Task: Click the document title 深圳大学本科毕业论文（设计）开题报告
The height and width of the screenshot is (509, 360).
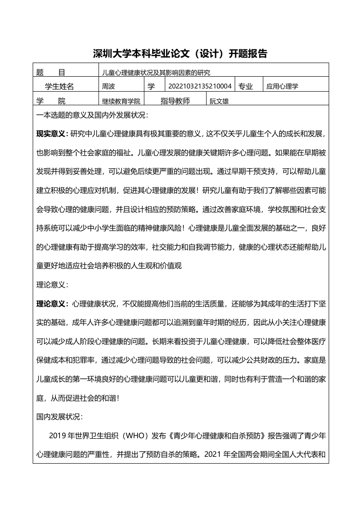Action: pyautogui.click(x=180, y=54)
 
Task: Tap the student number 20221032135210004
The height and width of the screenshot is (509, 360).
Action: pyautogui.click(x=200, y=86)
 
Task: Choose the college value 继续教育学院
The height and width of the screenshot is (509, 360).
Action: pyautogui.click(x=121, y=101)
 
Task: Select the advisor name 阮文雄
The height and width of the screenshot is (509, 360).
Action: pyautogui.click(x=219, y=102)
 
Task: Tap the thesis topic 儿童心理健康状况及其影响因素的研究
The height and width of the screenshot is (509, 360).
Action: pyautogui.click(x=156, y=72)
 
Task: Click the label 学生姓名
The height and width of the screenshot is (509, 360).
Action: pyautogui.click(x=59, y=86)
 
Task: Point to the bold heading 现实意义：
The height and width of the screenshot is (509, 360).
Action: pyautogui.click(x=52, y=133)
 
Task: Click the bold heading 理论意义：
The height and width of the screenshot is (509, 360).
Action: pyautogui.click(x=52, y=303)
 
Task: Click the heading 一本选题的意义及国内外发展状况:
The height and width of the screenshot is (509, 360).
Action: pyautogui.click(x=92, y=115)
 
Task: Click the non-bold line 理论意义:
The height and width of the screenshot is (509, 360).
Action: pyautogui.click(x=52, y=285)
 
